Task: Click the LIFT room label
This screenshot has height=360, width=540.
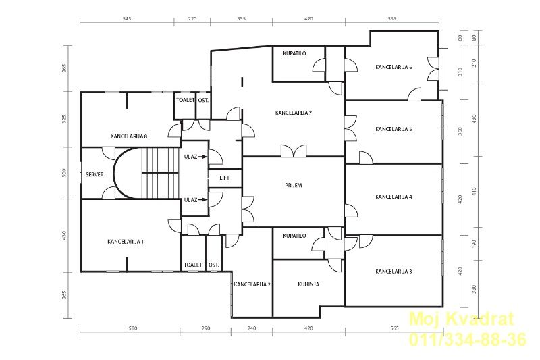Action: pyautogui.click(x=225, y=178)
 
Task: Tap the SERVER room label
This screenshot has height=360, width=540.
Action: pyautogui.click(x=94, y=175)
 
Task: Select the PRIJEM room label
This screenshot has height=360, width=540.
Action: pyautogui.click(x=294, y=185)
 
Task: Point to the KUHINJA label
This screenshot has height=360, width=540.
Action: pyautogui.click(x=308, y=284)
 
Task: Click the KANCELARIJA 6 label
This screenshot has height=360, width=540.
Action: pyautogui.click(x=394, y=67)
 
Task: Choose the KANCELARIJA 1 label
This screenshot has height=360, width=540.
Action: pyautogui.click(x=126, y=242)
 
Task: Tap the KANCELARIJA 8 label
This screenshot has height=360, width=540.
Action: pyautogui.click(x=129, y=136)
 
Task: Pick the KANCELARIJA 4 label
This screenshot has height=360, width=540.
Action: pyautogui.click(x=394, y=197)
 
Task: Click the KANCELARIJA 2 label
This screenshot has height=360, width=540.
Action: pyautogui.click(x=252, y=284)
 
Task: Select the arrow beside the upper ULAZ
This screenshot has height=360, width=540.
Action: pyautogui.click(x=203, y=157)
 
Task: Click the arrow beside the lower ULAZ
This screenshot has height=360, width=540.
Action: pyautogui.click(x=203, y=200)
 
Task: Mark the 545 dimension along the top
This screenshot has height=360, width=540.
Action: pyautogui.click(x=127, y=19)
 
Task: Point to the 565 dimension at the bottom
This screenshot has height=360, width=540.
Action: pyautogui.click(x=395, y=328)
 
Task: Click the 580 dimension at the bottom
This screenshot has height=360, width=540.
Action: pyautogui.click(x=132, y=328)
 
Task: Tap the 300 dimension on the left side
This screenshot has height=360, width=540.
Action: pyautogui.click(x=64, y=173)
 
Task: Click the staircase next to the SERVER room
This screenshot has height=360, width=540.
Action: pyautogui.click(x=161, y=173)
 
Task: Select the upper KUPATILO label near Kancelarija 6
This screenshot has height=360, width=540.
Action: pyautogui.click(x=294, y=53)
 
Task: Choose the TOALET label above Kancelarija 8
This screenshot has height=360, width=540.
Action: pyautogui.click(x=186, y=100)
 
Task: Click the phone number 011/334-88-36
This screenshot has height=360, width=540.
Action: pyautogui.click(x=468, y=339)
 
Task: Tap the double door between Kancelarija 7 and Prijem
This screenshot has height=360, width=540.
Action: pyautogui.click(x=294, y=151)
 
